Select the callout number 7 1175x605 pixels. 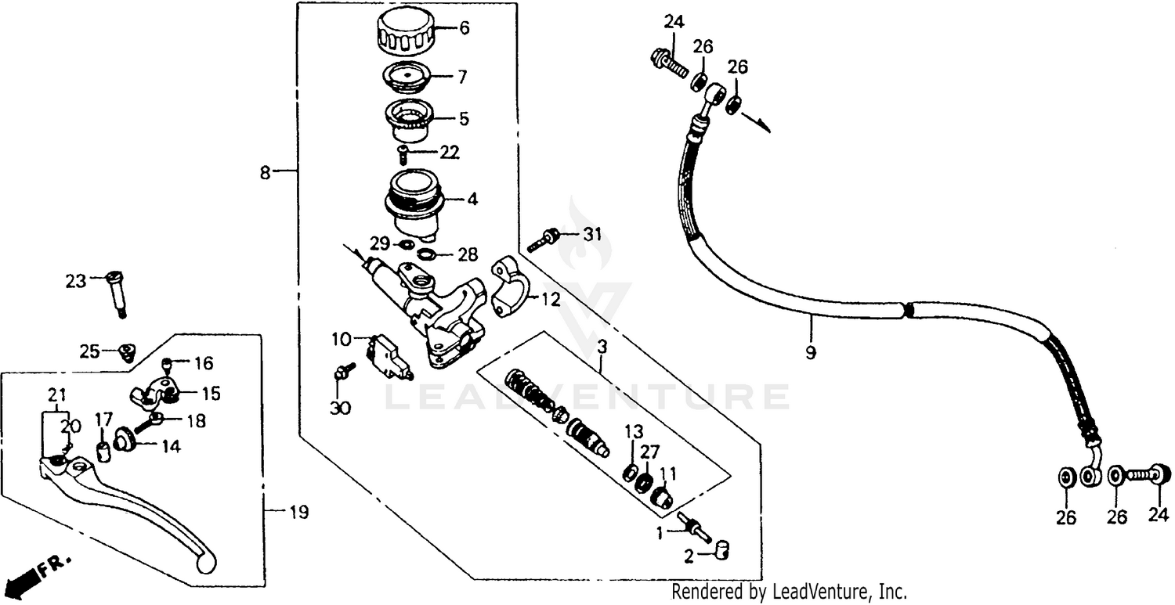tap(462, 77)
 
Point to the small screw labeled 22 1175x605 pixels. tap(404, 151)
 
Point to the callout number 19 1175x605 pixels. tap(298, 513)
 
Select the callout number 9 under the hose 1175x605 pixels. tap(810, 352)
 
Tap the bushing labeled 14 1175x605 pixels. tap(125, 440)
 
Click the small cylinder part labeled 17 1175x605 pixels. tap(101, 452)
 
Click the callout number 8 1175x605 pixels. tap(266, 172)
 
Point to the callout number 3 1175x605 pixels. tap(601, 345)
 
